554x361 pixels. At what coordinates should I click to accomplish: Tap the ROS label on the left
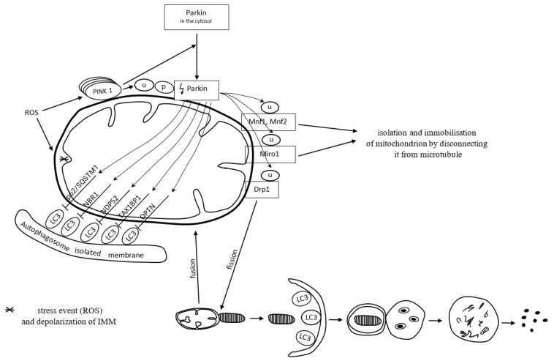pos(32,113)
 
